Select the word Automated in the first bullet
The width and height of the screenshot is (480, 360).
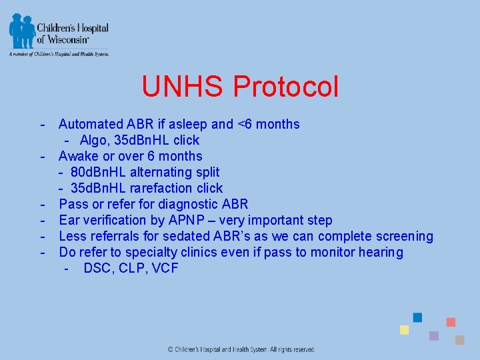click(91, 124)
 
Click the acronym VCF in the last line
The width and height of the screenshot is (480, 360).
click(164, 269)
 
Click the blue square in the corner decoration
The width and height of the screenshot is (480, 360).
click(417, 317)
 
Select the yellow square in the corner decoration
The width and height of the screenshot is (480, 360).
click(404, 330)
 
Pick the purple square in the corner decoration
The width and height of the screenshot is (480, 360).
click(434, 335)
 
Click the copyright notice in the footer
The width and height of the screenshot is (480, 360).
click(241, 349)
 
